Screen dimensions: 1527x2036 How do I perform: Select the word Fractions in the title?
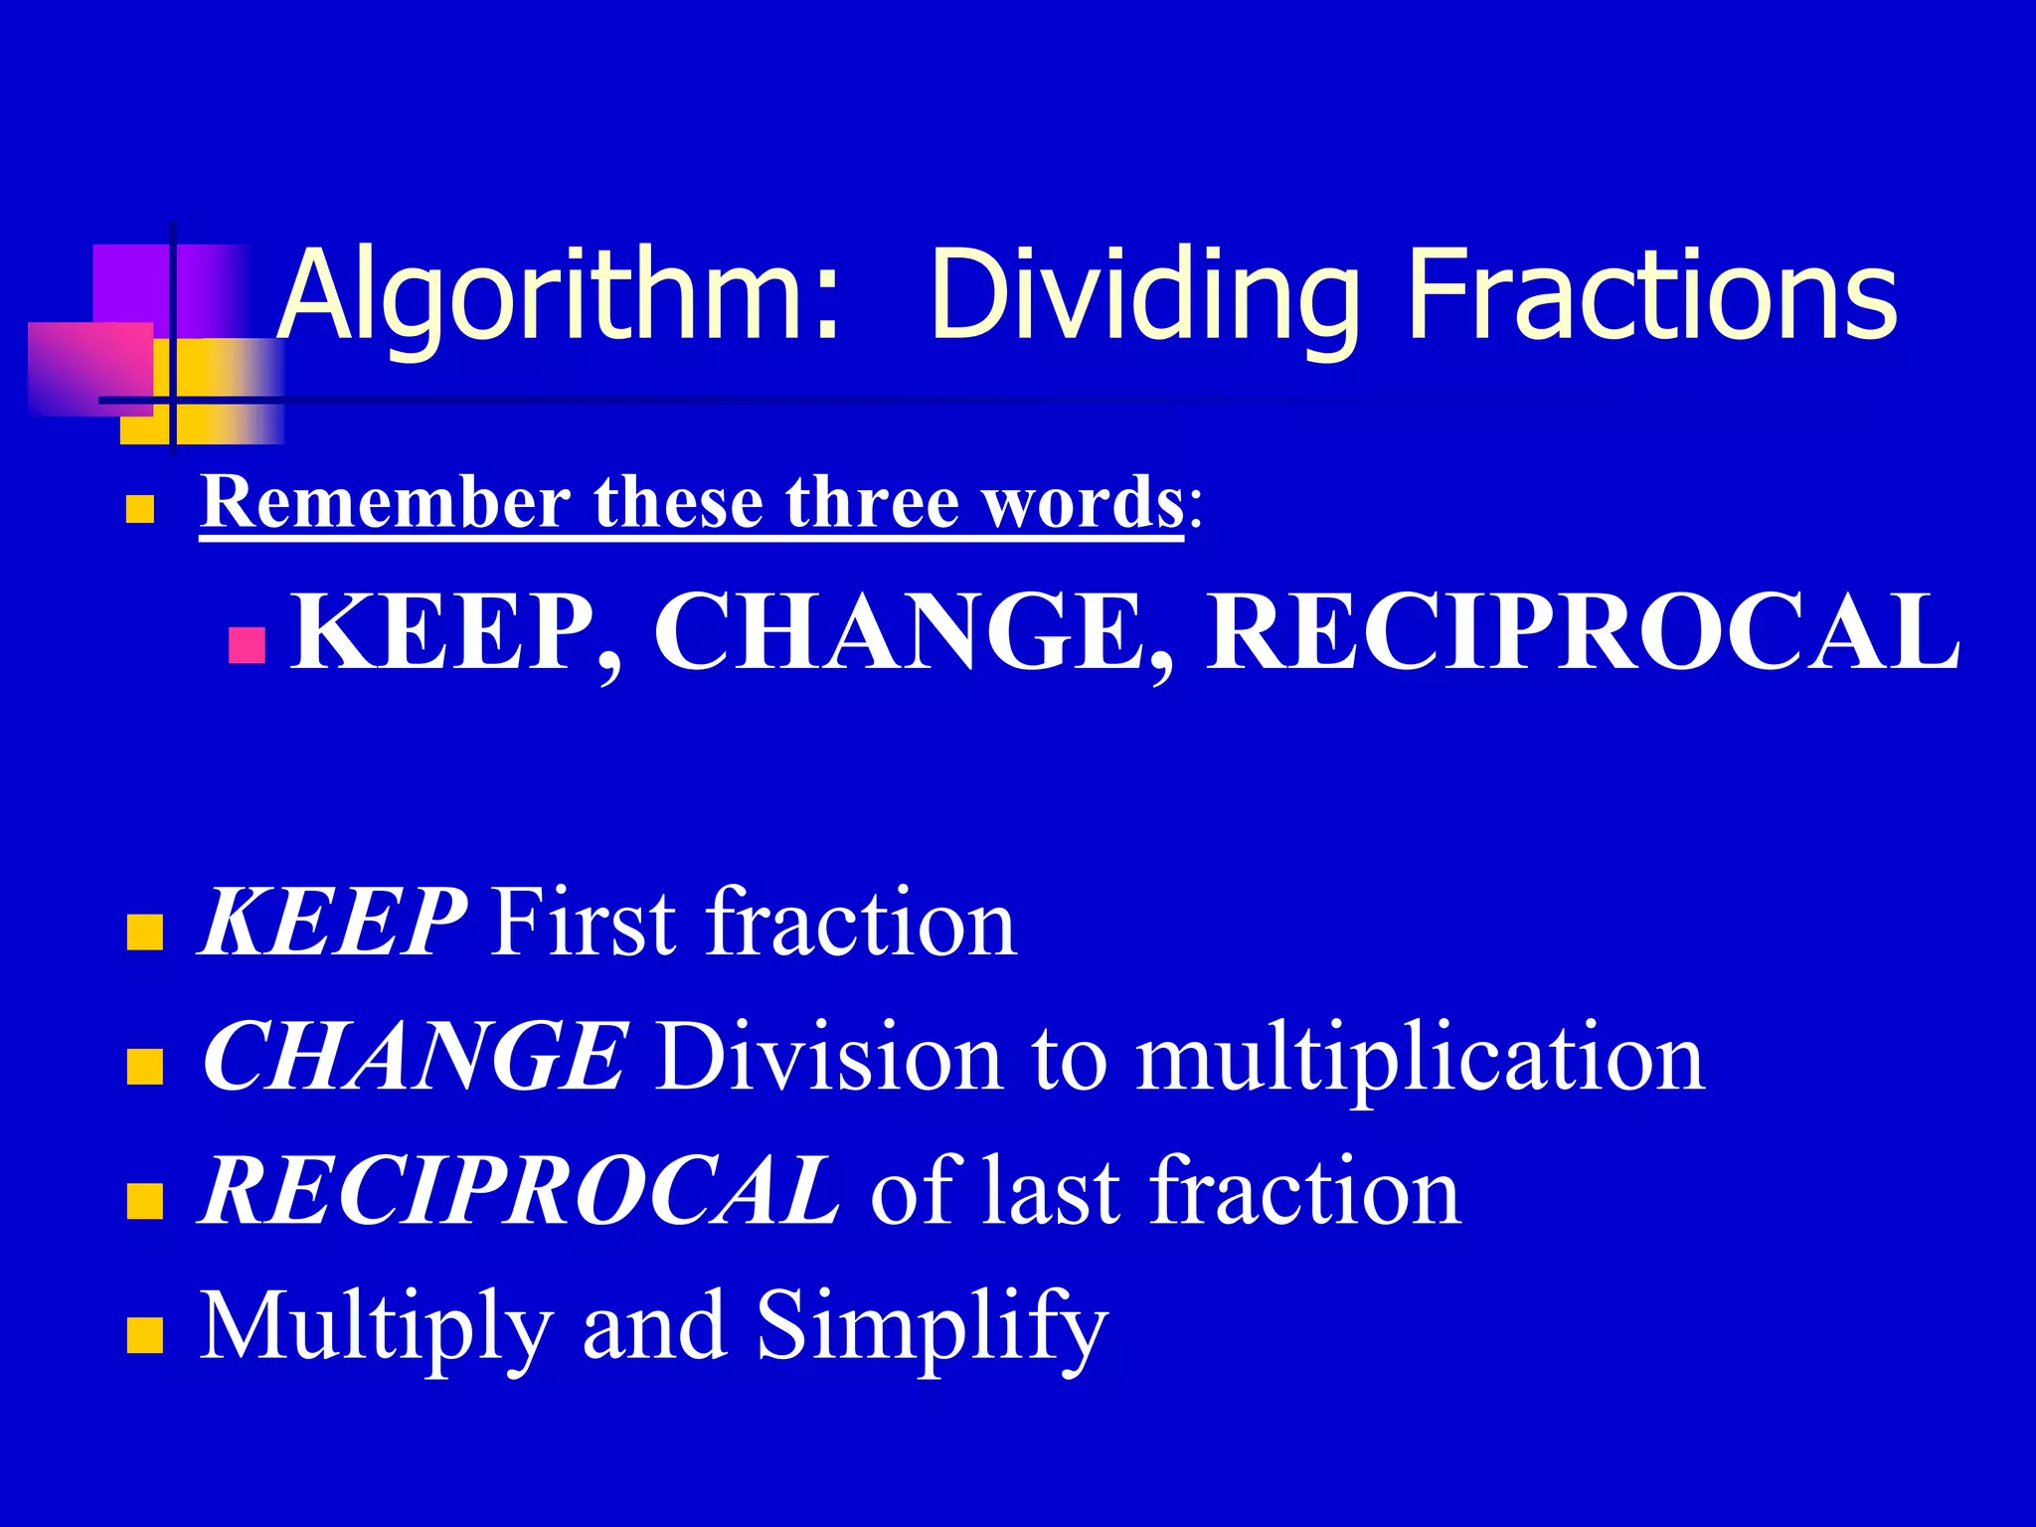pyautogui.click(x=1651, y=296)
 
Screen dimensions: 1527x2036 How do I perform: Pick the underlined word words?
pyautogui.click(x=1084, y=504)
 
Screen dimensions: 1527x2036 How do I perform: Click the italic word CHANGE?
pyautogui.click(x=414, y=1056)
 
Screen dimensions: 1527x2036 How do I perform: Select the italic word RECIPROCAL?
pyautogui.click(x=520, y=1190)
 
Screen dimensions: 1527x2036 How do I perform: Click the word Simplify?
pyautogui.click(x=931, y=1327)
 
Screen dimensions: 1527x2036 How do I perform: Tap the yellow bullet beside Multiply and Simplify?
pyautogui.click(x=144, y=1335)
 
